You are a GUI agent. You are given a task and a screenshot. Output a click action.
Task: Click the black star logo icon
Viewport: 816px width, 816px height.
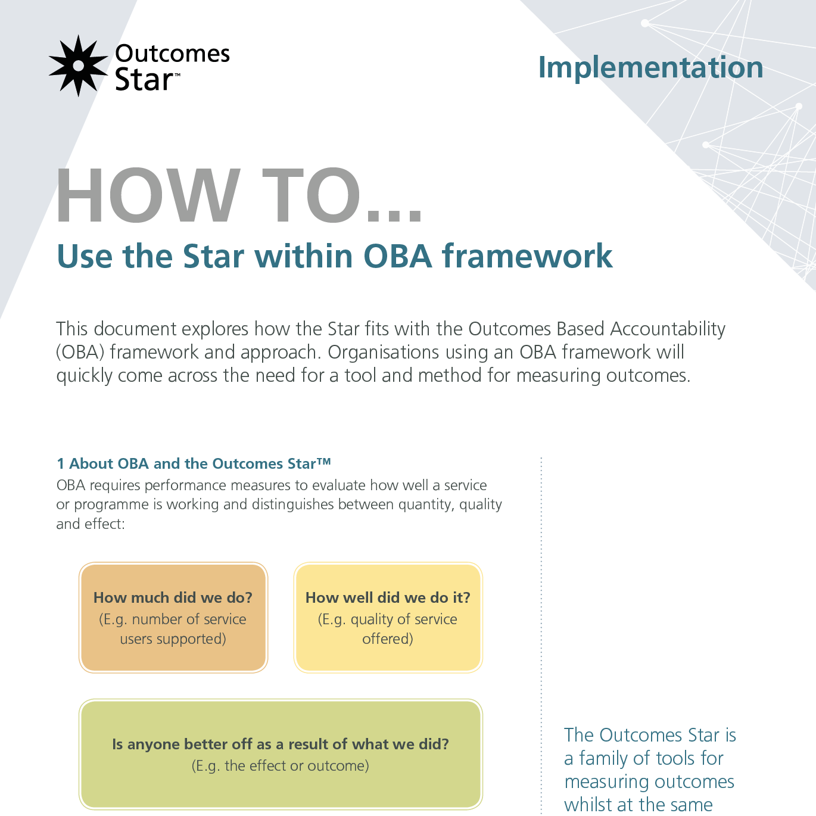[79, 66]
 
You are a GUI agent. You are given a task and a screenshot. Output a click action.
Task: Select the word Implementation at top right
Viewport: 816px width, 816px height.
[650, 68]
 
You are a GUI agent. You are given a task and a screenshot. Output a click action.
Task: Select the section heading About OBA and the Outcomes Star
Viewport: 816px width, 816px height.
[194, 463]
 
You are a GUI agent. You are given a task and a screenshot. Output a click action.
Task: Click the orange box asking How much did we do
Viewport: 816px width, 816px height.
[173, 618]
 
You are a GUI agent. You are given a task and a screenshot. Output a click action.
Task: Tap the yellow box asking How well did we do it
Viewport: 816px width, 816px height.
[388, 618]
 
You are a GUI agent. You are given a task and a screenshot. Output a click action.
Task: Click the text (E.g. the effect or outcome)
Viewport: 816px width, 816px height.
[281, 765]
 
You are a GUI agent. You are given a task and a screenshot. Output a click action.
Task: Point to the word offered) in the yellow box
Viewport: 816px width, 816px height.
[388, 639]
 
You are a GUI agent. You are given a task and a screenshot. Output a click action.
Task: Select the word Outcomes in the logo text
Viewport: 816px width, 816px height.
[172, 54]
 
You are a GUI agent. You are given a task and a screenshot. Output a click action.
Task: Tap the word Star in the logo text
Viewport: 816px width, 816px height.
[144, 80]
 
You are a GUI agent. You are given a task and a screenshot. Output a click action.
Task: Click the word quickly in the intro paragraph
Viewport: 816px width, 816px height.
[84, 376]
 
